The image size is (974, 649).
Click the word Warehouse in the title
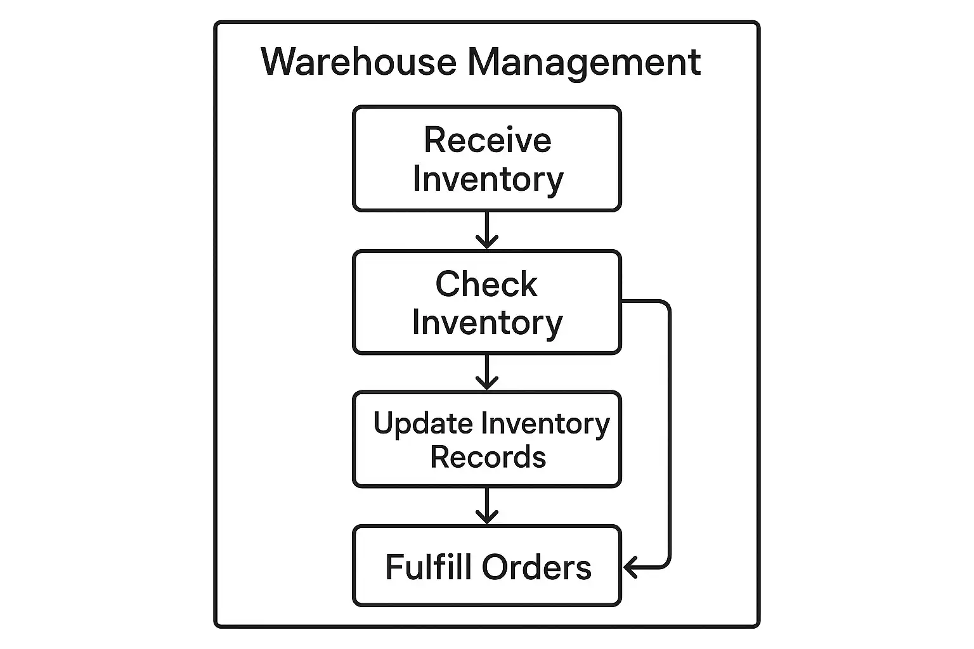358,62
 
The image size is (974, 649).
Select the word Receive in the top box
487,140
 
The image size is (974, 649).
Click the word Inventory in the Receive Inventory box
488,179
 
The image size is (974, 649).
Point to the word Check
486,284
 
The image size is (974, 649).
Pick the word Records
488,457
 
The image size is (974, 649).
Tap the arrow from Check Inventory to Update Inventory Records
486,373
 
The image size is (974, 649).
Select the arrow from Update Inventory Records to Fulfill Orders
486,506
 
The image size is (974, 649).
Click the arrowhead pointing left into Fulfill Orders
630,567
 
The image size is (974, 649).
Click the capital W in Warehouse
280,62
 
